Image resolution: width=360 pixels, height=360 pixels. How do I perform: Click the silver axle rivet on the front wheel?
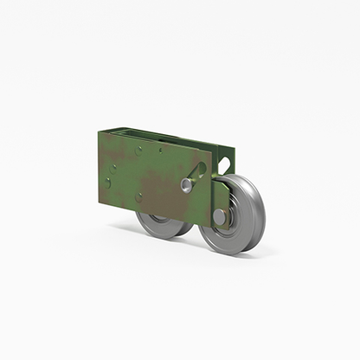pyautogui.click(x=219, y=216)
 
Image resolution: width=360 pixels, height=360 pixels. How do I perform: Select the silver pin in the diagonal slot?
pyautogui.click(x=186, y=184)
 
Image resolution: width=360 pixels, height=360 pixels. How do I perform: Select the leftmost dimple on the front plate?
pyautogui.click(x=106, y=182)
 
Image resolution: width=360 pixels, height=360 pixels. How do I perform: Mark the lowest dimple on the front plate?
pyautogui.click(x=138, y=196)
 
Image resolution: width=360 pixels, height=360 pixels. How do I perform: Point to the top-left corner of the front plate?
pyautogui.click(x=94, y=131)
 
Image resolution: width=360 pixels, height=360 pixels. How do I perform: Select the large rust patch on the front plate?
pyautogui.click(x=156, y=186)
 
